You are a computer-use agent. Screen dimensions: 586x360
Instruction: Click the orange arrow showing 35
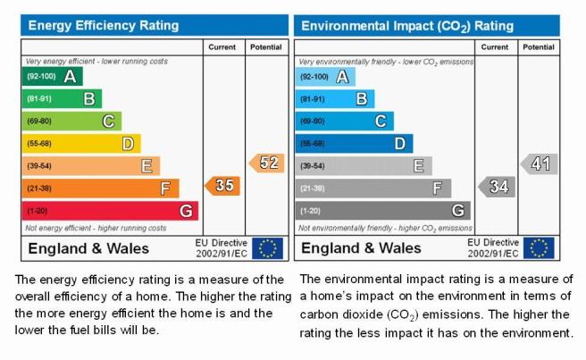click(x=222, y=186)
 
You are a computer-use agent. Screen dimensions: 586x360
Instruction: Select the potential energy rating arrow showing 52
click(x=266, y=163)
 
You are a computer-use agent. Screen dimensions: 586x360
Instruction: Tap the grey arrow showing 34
click(x=497, y=187)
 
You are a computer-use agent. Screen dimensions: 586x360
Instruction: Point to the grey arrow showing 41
click(x=539, y=163)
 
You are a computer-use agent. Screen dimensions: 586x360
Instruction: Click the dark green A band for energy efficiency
click(x=53, y=76)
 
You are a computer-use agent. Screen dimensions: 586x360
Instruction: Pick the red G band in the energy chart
click(x=110, y=211)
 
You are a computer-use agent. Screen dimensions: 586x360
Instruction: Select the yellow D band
click(x=81, y=144)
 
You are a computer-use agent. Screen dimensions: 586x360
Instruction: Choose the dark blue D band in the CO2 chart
click(x=355, y=144)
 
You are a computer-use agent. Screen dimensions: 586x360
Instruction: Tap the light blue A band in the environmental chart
click(x=325, y=77)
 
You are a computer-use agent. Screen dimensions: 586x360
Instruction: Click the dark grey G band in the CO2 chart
click(x=383, y=211)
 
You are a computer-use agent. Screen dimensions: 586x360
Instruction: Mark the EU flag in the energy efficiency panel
click(x=268, y=248)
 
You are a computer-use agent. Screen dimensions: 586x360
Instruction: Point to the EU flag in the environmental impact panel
click(x=539, y=247)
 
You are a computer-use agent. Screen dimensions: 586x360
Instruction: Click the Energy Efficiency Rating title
click(x=104, y=25)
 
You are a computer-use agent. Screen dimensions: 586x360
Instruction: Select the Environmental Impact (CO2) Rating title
click(x=407, y=26)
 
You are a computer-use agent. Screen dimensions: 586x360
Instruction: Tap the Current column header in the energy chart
click(x=222, y=47)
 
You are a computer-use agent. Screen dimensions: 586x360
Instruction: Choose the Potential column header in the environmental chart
click(x=539, y=47)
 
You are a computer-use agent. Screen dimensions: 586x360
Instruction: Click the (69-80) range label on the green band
click(x=39, y=121)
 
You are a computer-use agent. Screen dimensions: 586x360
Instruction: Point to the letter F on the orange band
click(x=165, y=188)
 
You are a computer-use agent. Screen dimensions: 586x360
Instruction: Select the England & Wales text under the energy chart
click(x=88, y=248)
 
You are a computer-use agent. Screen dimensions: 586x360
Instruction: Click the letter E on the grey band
click(x=419, y=165)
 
